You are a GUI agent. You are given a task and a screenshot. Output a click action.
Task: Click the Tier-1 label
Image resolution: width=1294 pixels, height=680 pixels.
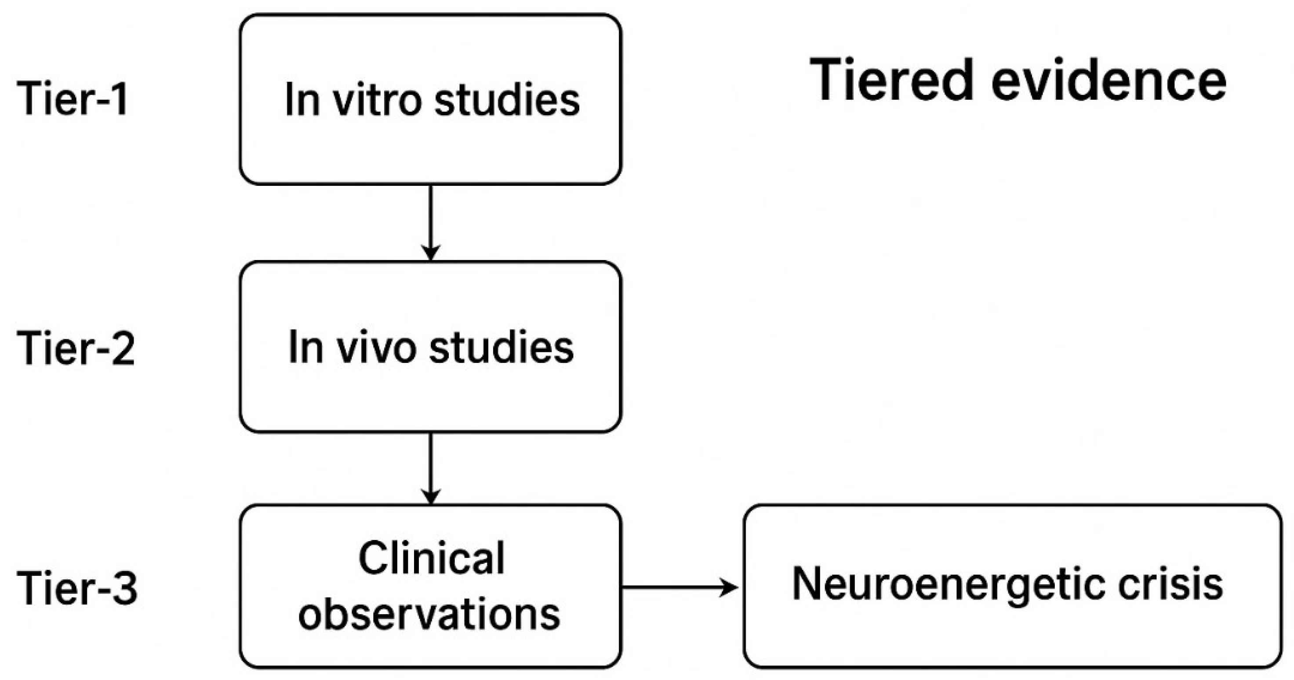tap(73, 99)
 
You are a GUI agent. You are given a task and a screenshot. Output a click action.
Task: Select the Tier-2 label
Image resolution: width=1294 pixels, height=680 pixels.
tap(76, 348)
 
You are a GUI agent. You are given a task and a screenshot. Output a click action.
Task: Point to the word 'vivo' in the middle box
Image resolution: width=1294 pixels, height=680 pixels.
tap(377, 347)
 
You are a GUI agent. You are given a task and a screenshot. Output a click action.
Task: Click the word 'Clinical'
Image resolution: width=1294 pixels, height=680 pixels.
tap(431, 558)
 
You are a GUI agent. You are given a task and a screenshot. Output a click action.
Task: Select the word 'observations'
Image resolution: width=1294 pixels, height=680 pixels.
tap(429, 614)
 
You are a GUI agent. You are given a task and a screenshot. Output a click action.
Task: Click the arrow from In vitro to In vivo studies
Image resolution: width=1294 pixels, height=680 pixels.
tap(430, 221)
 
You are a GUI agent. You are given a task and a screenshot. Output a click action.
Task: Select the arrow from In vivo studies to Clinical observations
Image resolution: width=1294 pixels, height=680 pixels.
tap(430, 467)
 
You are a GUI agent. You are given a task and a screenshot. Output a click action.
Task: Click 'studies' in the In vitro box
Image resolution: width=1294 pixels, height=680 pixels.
tap(507, 100)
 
